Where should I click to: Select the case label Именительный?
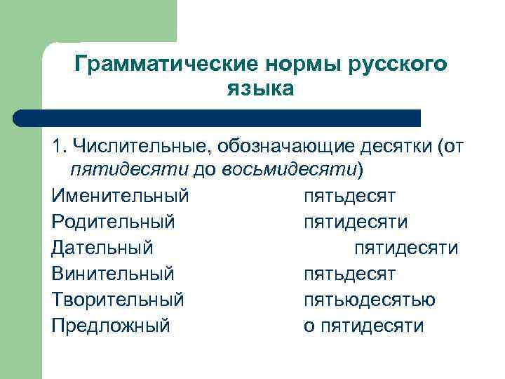point(120,194)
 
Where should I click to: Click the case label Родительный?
point(113,221)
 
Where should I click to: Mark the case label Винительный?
point(113,273)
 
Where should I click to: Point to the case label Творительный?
point(118,300)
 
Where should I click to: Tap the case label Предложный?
point(111,326)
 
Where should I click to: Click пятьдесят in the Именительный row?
point(350,194)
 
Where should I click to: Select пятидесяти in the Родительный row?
point(356,221)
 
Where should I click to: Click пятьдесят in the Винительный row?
point(350,273)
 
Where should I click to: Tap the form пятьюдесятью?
point(370,300)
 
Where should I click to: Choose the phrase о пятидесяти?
point(364,326)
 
